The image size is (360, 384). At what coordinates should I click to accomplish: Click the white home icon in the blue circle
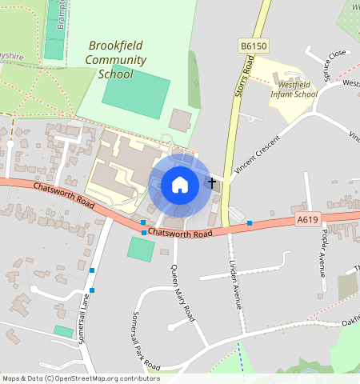(x=180, y=185)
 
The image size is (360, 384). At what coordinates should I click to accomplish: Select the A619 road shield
(x=308, y=219)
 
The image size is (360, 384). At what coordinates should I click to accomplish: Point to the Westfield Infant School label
(x=294, y=89)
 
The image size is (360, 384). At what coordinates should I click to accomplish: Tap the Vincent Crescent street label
(x=255, y=155)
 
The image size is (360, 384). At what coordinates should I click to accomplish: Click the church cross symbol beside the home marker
(x=212, y=183)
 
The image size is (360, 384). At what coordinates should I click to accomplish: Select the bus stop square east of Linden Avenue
(x=250, y=222)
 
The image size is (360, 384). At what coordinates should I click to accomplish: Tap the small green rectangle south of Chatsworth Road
(x=141, y=249)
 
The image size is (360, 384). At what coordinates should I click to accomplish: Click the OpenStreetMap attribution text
(x=81, y=378)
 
